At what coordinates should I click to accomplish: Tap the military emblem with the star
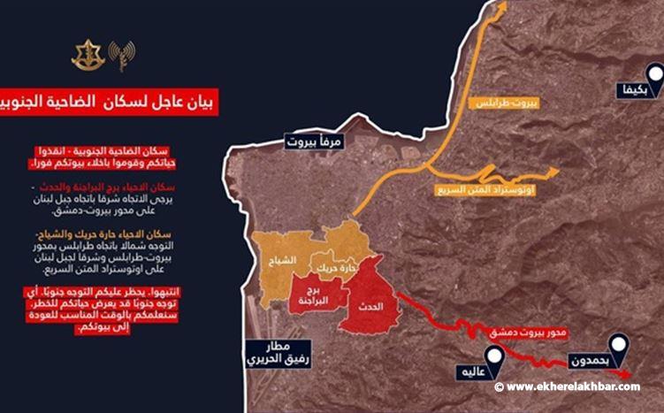pos(88,55)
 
